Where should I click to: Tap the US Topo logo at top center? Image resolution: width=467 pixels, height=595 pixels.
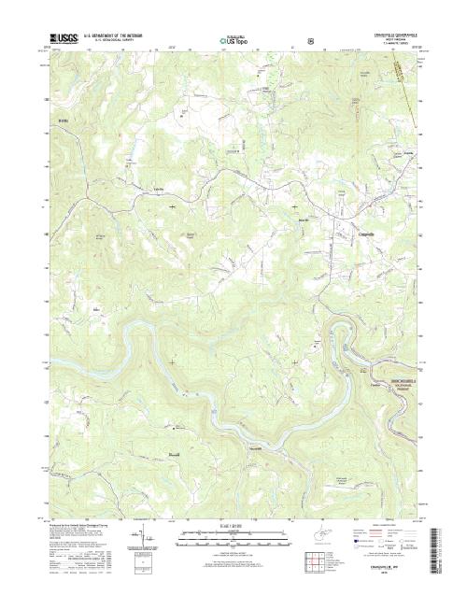pyautogui.click(x=233, y=41)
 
